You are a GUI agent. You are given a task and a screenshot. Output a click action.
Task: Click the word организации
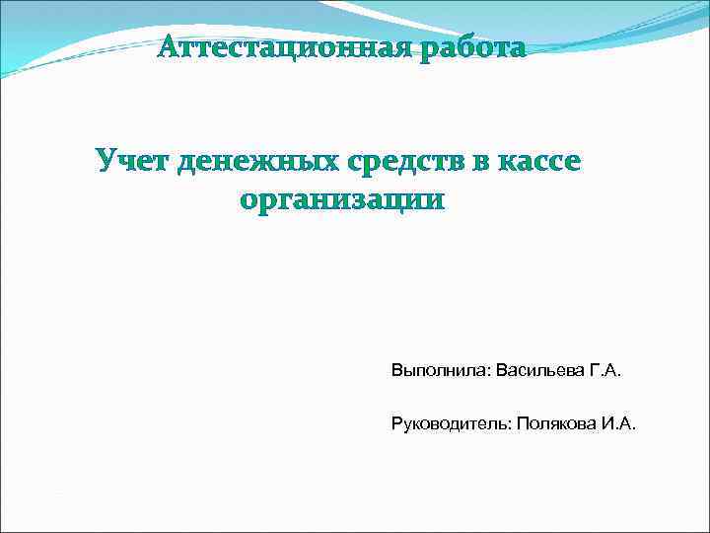point(342,200)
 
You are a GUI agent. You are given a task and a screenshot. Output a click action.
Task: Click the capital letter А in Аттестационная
point(169,47)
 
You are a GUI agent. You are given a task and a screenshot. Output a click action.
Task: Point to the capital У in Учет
point(105,160)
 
